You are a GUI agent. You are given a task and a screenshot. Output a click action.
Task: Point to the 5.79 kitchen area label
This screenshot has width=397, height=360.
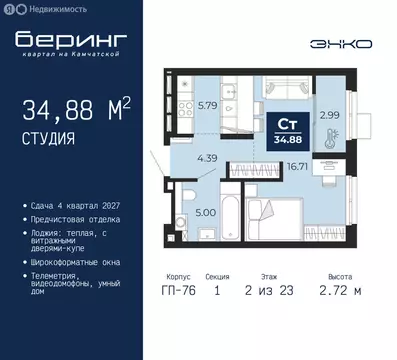pos(207,103)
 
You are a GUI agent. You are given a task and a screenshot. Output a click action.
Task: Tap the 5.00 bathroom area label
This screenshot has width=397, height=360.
pos(202,212)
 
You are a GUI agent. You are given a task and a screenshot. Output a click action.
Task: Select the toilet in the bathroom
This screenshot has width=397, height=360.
pos(177,222)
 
